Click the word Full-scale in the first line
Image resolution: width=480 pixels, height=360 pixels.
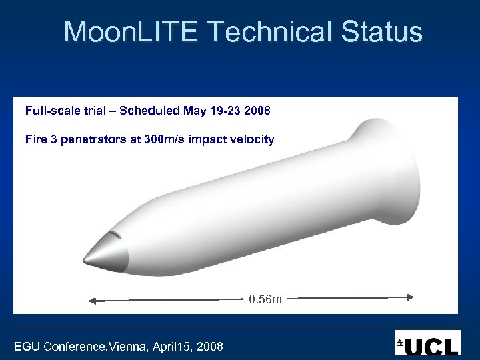pyautogui.click(x=49, y=109)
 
